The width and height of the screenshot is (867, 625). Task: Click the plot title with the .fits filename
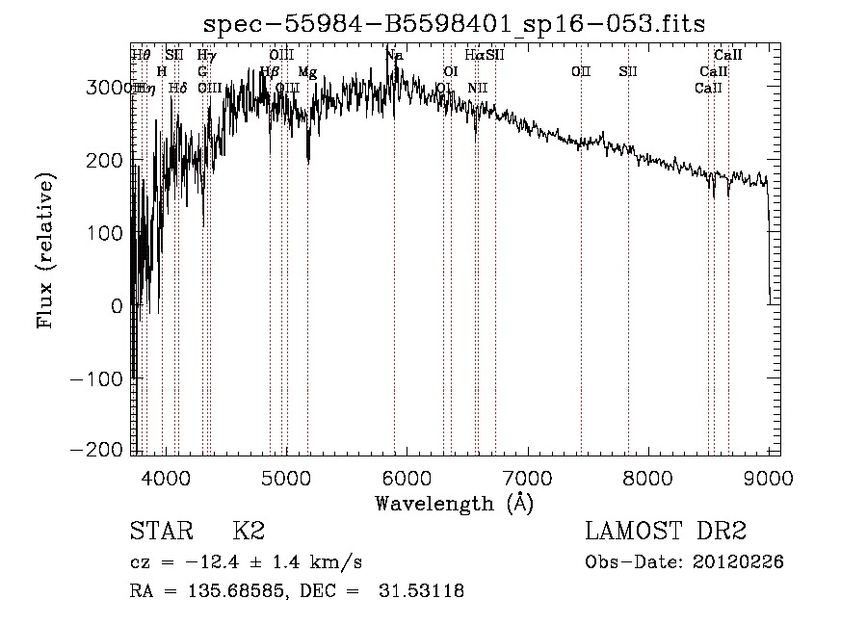455,25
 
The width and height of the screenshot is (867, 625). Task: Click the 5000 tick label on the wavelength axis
285,478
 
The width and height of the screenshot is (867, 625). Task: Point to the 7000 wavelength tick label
527,478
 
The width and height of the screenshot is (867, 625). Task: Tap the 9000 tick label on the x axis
768,478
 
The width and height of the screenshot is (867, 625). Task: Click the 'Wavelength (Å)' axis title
454,503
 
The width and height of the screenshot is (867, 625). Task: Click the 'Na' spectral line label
394,56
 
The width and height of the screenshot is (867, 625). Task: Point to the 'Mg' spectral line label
307,72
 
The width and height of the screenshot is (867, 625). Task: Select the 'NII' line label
478,88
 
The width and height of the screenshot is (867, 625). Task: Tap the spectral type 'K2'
249,531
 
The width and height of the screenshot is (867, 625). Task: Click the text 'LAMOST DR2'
666,531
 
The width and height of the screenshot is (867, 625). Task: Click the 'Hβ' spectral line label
270,72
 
